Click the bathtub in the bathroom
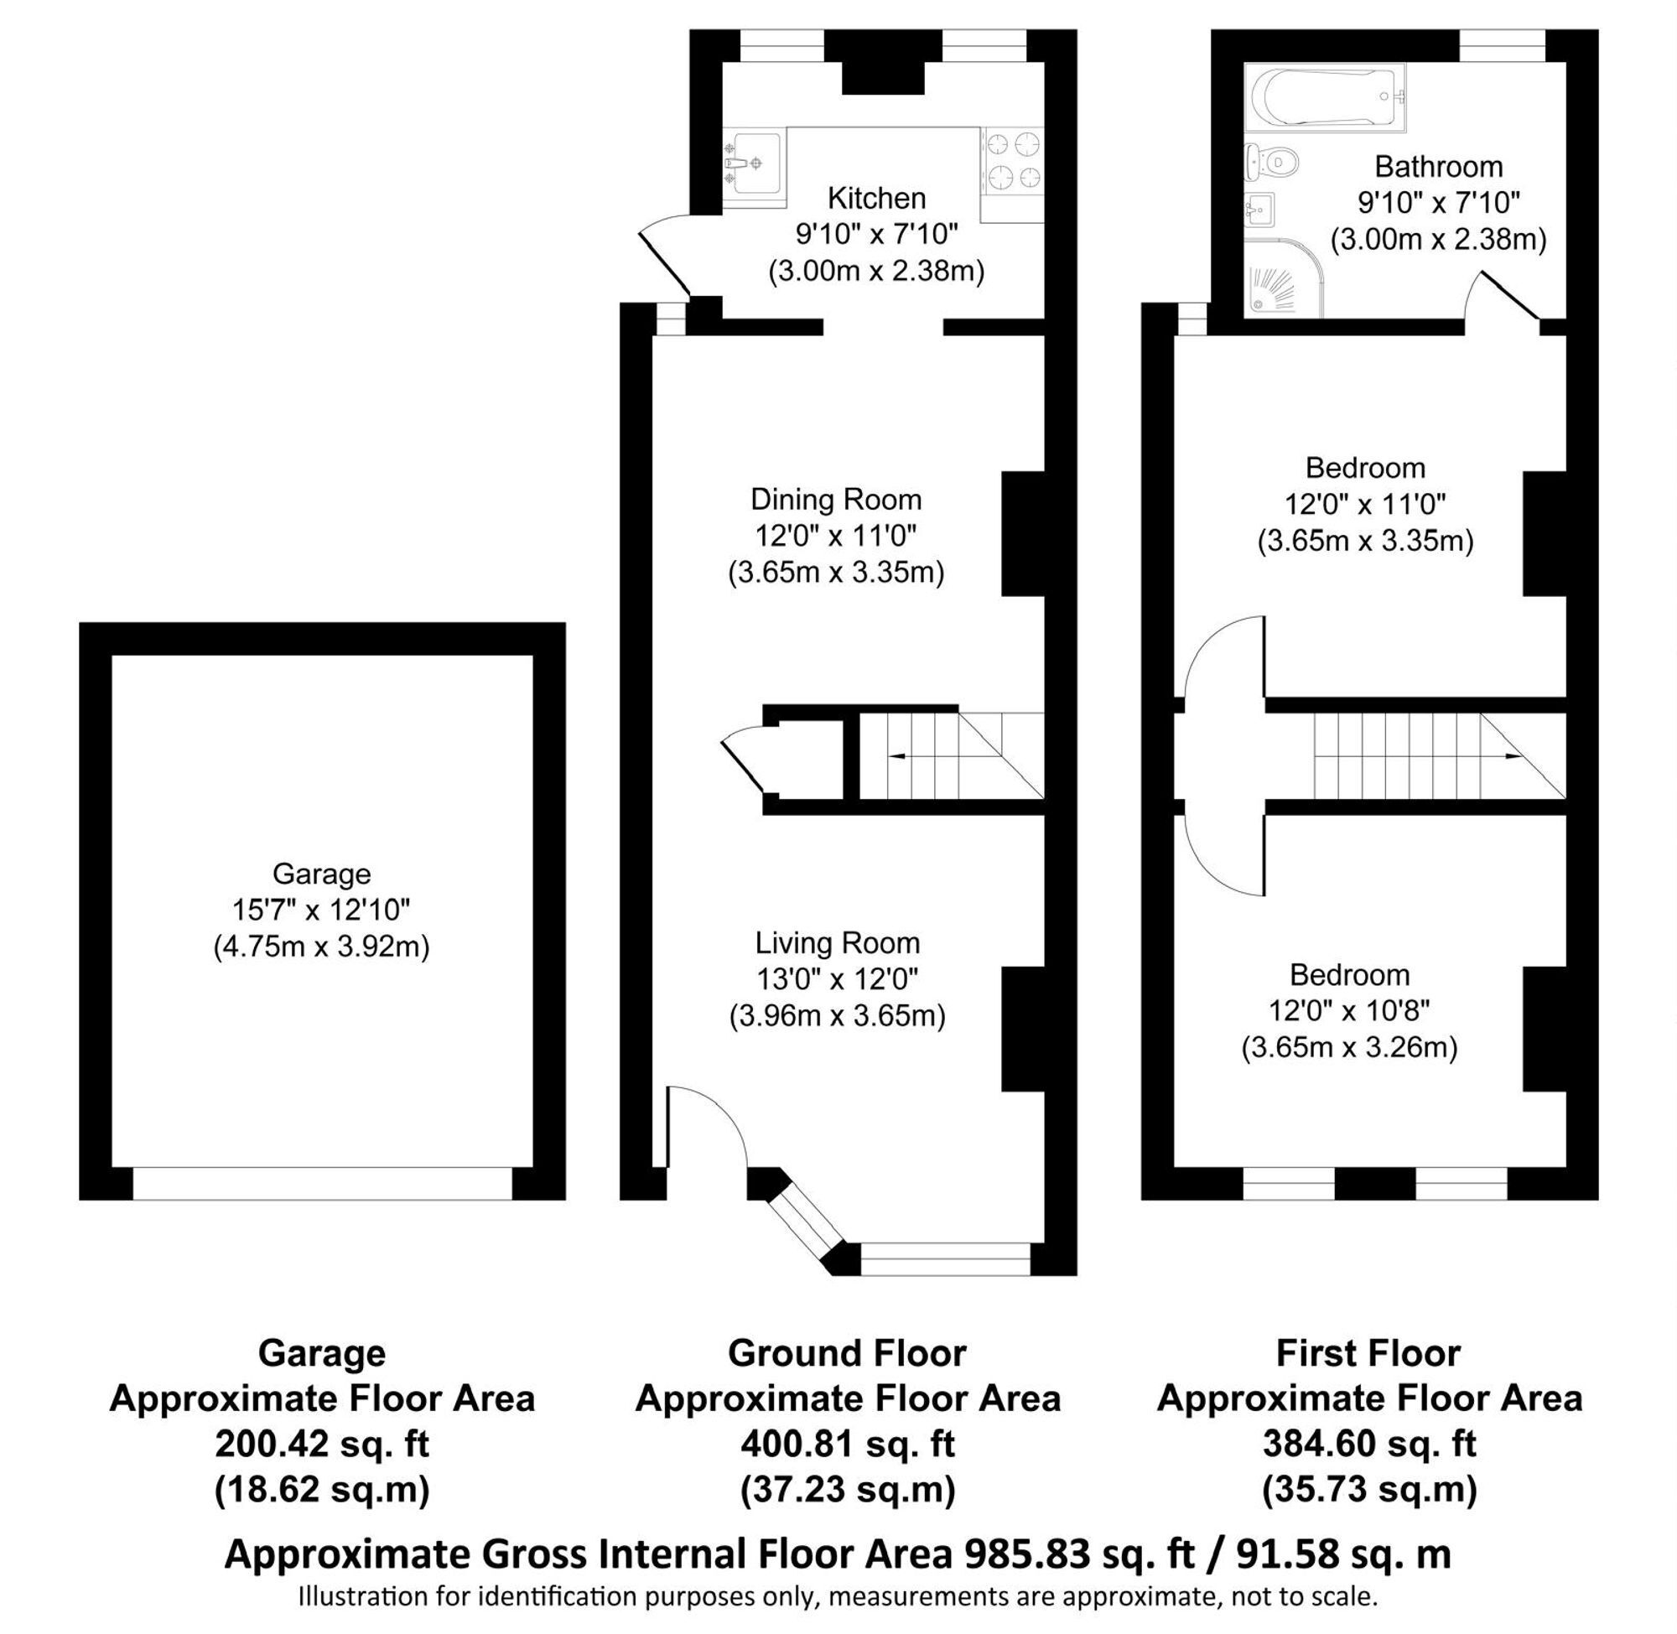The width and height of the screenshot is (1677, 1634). point(1324,97)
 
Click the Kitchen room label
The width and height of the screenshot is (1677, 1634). point(876,198)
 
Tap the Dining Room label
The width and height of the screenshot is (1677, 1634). point(836,499)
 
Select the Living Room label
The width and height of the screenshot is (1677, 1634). point(837,943)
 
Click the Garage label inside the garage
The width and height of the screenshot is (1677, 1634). point(322,874)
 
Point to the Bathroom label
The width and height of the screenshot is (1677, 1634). point(1438,166)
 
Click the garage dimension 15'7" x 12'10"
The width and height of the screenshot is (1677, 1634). point(321,909)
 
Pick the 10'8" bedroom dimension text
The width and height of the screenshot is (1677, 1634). point(1349,1011)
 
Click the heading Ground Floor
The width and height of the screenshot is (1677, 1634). point(847,1353)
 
